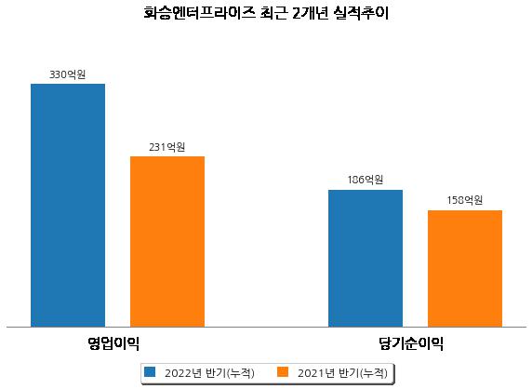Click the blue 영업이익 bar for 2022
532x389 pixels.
pos(68,206)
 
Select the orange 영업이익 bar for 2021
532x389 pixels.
pos(167,242)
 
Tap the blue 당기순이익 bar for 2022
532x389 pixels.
pos(366,259)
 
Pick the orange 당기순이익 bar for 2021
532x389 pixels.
pos(465,269)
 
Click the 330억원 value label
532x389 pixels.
pos(68,74)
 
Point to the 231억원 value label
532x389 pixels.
pos(167,147)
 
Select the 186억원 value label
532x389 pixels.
pos(366,180)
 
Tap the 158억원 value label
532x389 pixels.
pos(465,200)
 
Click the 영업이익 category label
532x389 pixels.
pos(113,343)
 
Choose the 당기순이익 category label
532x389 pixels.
pos(411,343)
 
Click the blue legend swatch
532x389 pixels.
pos(150,372)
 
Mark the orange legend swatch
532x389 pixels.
pos(283,372)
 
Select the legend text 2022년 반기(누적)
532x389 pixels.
pos(209,373)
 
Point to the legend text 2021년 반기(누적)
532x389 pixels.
pos(342,373)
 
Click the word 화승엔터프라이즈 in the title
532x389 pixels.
pos(199,13)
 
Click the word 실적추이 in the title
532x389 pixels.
pos(361,13)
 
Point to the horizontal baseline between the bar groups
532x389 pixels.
pos(266,328)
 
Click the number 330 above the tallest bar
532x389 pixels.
pos(58,74)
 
